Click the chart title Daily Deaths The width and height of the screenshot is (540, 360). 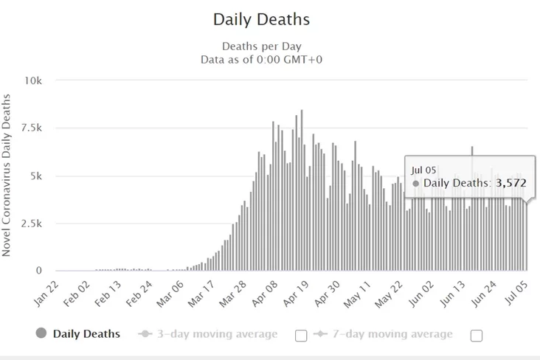click(x=261, y=18)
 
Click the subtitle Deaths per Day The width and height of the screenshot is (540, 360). click(x=261, y=46)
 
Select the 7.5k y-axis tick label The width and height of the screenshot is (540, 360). click(x=32, y=128)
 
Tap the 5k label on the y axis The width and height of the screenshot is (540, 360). click(x=38, y=176)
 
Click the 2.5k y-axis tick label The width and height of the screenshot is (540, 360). click(x=32, y=224)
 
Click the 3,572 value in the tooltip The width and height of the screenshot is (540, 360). click(x=510, y=183)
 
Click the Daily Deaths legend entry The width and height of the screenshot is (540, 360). click(x=86, y=334)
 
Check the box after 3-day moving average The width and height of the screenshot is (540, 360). click(x=301, y=336)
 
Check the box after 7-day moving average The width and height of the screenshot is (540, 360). click(x=477, y=336)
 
